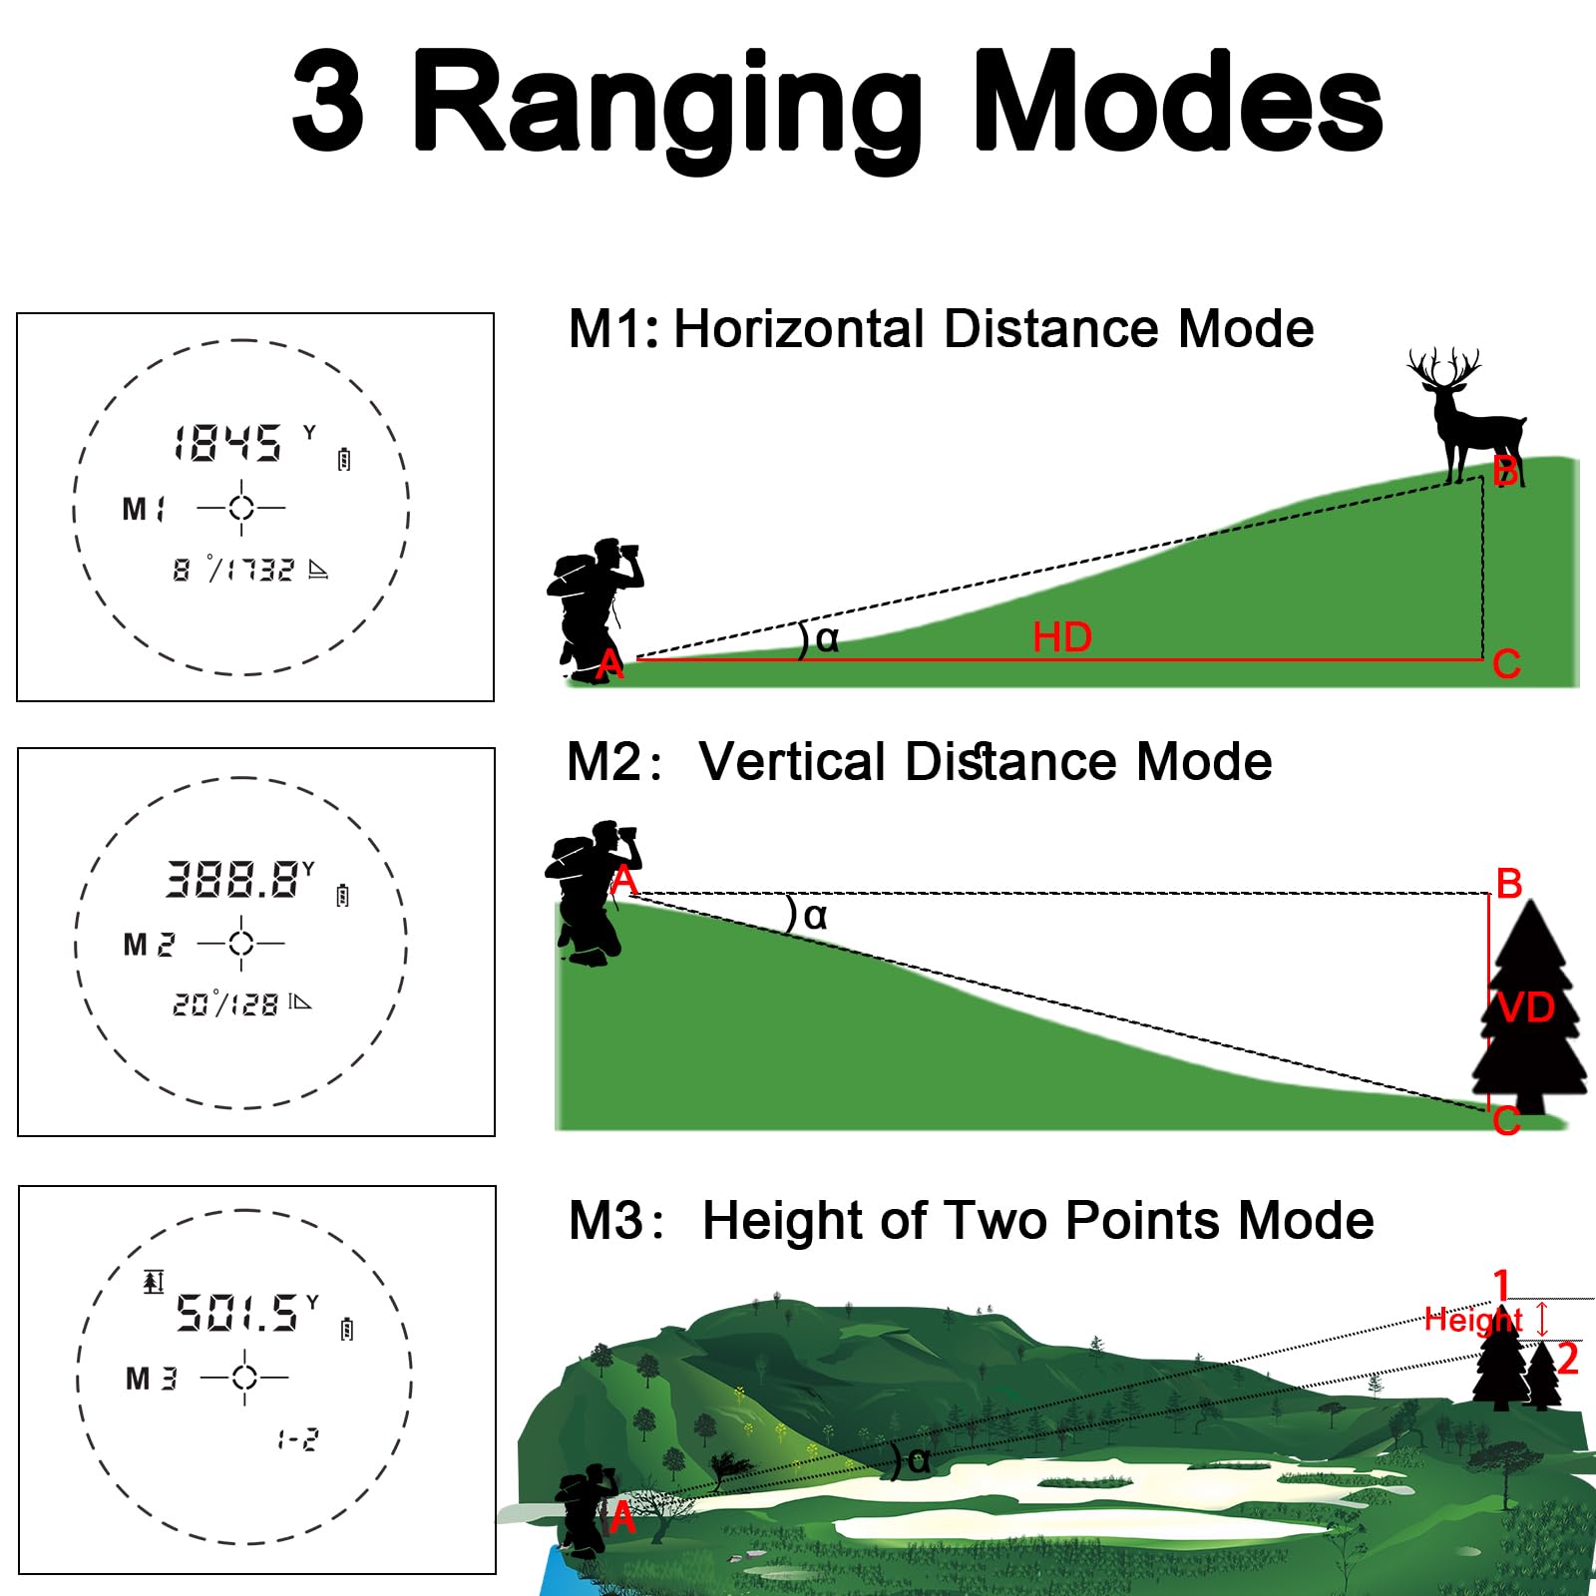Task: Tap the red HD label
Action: pos(1062,637)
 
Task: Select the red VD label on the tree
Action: pos(1526,1007)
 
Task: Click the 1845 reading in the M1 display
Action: pos(227,443)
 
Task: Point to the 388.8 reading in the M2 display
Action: pos(231,879)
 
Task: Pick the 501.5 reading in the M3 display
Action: pos(236,1313)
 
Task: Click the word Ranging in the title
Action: pos(667,105)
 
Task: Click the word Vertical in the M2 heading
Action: pos(792,762)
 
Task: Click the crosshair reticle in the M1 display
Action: pos(241,508)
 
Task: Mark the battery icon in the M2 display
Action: pos(343,895)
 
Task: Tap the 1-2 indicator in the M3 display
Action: pos(298,1439)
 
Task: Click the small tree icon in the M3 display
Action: pos(153,1281)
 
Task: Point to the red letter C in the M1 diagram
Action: pos(1506,664)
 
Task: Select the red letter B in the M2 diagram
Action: pos(1509,884)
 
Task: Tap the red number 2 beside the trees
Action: pos(1568,1359)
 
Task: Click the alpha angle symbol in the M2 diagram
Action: pos(815,916)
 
